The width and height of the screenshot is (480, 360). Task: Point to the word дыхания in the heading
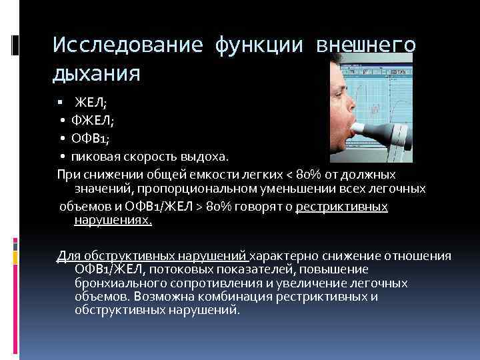pyautogui.click(x=97, y=73)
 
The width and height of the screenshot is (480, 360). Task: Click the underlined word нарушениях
pyautogui.click(x=113, y=220)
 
